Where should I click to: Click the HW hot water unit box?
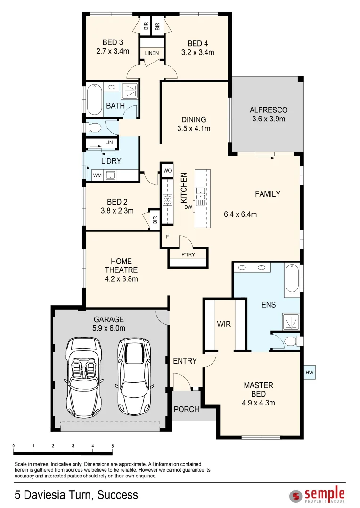coord(310,373)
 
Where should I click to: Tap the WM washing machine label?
coord(98,176)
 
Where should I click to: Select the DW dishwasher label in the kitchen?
coord(188,207)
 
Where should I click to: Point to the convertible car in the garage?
coord(83,372)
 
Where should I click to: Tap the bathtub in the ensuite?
coord(292,279)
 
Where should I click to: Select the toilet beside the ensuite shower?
coord(291,341)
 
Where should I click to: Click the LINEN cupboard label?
coord(152,53)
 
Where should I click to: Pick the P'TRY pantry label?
coord(188,255)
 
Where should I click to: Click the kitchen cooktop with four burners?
coord(167,200)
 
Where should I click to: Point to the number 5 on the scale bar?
coord(112,445)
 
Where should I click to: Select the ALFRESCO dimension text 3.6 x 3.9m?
coord(268,119)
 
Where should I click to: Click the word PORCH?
coord(186,409)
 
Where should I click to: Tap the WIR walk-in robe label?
coord(224,324)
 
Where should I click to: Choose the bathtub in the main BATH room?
coord(95,99)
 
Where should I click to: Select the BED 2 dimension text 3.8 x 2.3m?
coord(117,211)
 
